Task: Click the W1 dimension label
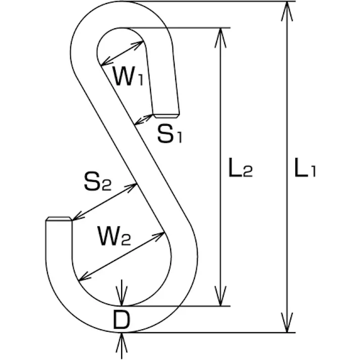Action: [x=127, y=77]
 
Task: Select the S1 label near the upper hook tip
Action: [x=169, y=134]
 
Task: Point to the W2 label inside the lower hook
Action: [x=114, y=236]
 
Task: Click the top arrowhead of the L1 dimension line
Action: [x=287, y=10]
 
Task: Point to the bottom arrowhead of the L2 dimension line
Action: [x=221, y=298]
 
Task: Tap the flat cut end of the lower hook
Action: [x=59, y=219]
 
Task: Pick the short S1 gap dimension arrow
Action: [x=143, y=120]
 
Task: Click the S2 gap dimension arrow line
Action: [x=104, y=202]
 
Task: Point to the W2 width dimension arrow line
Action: [x=122, y=255]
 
